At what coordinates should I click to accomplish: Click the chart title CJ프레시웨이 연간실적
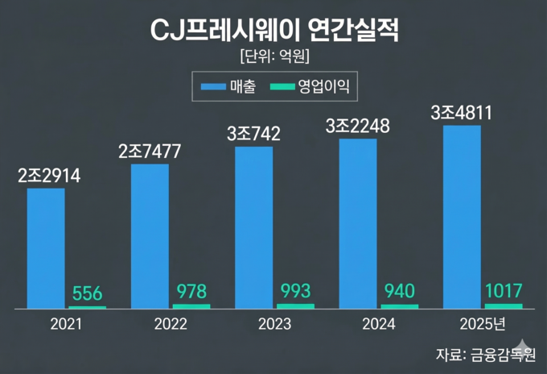[273, 31]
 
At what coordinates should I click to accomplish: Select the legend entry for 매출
[228, 85]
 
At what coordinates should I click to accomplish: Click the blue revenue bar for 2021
[46, 248]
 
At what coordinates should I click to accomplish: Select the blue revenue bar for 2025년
[462, 217]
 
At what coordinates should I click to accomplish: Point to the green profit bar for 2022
[191, 306]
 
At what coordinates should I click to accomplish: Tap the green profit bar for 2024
[400, 306]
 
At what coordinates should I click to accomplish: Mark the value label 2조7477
[150, 152]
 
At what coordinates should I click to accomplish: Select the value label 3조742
[253, 134]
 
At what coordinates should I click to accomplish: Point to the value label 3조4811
[462, 113]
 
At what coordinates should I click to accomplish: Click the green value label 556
[88, 293]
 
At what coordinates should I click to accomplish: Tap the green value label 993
[295, 291]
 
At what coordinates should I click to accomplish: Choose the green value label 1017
[504, 290]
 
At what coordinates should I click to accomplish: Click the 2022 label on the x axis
[170, 325]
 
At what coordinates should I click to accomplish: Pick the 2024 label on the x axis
[379, 325]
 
